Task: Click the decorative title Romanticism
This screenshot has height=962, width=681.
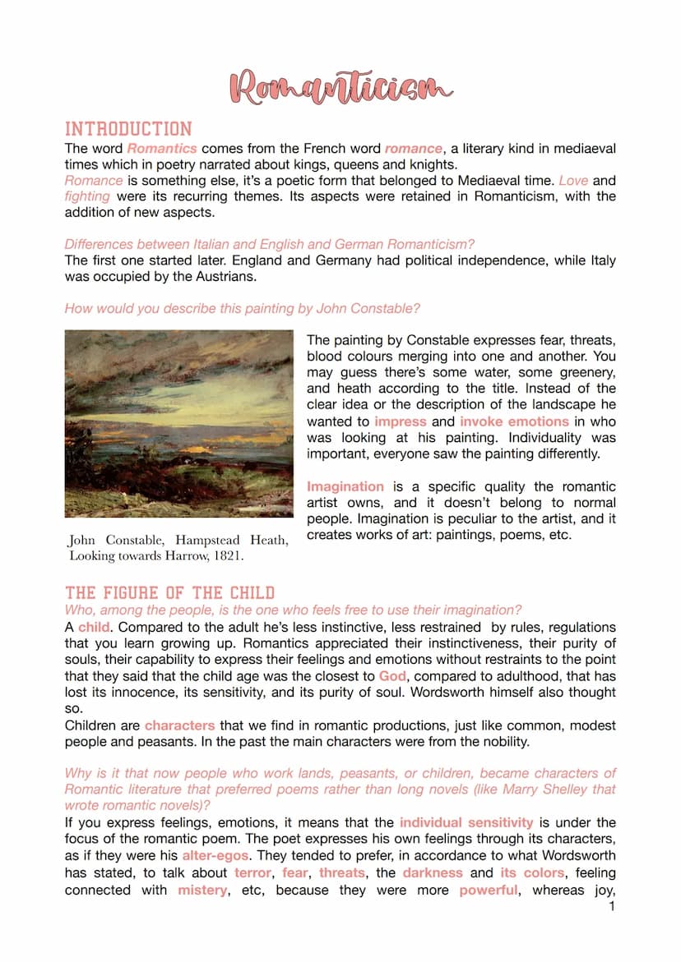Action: point(340,87)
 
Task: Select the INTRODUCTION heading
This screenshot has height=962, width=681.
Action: point(128,129)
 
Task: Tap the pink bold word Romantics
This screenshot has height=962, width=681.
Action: point(162,149)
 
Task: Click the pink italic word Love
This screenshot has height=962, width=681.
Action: point(573,180)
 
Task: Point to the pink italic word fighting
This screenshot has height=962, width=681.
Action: point(87,196)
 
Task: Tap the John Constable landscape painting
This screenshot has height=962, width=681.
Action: point(179,423)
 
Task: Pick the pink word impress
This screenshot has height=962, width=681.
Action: point(400,421)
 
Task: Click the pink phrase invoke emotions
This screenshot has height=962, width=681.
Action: point(514,421)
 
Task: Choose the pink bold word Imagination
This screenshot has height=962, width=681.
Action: point(345,486)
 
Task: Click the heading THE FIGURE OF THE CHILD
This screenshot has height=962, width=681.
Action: point(169,592)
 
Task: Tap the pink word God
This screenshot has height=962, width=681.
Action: point(392,676)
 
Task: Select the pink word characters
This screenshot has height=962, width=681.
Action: point(179,725)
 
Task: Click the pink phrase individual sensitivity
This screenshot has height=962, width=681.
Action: point(466,822)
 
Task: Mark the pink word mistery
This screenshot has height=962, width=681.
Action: point(202,890)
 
